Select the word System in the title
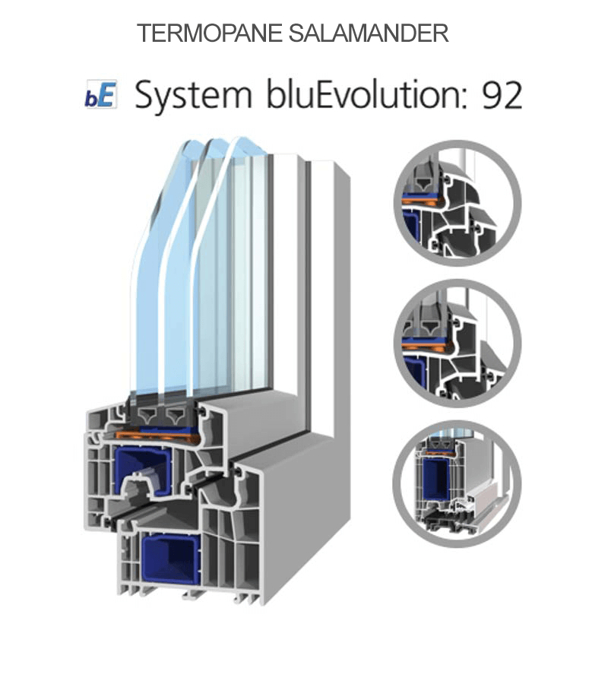(193, 97)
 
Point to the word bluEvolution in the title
(365, 96)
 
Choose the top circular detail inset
(457, 202)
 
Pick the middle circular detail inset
(457, 343)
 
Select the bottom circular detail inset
(457, 483)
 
